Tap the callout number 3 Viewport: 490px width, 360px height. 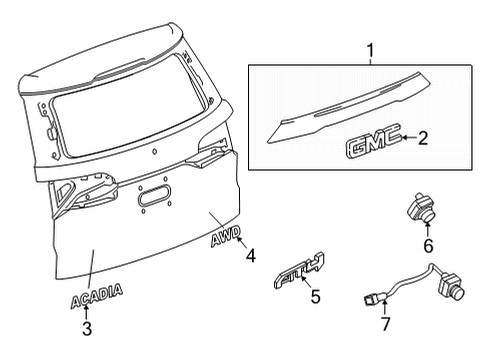[x=86, y=327]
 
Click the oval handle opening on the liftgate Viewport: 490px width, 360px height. [x=154, y=197]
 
